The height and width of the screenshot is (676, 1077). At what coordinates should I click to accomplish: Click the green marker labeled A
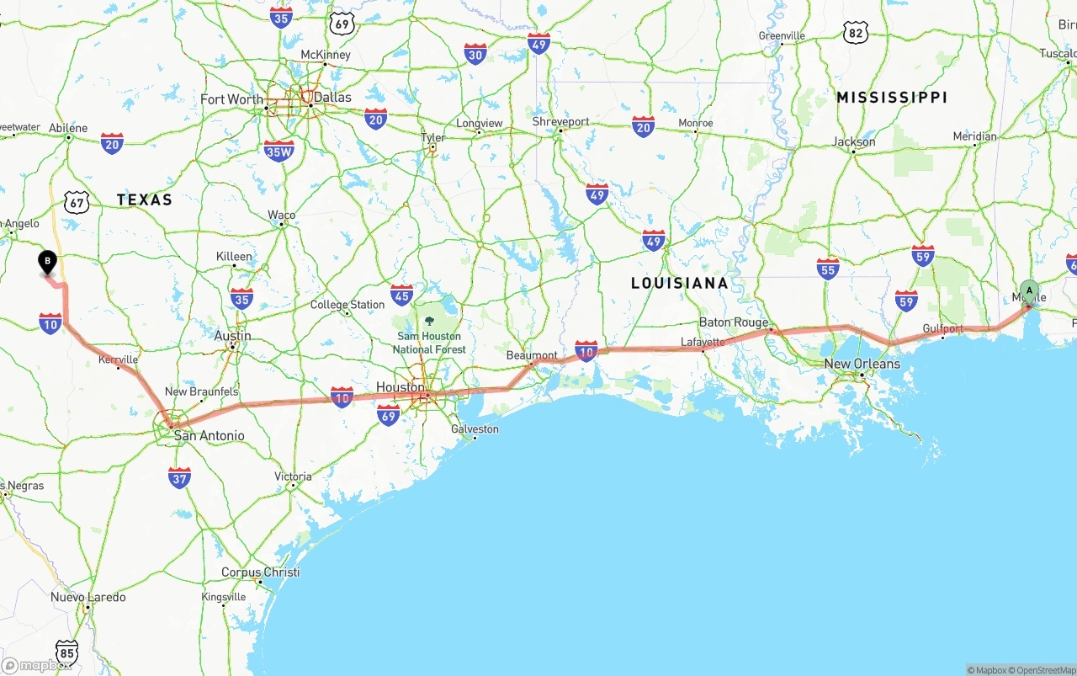coord(1029,291)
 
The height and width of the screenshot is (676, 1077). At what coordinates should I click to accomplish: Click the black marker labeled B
coord(48,262)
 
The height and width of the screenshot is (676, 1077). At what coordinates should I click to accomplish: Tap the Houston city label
coord(400,387)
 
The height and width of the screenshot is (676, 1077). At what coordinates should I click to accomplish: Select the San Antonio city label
coord(209,435)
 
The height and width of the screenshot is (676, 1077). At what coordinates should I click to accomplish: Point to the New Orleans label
coord(862,364)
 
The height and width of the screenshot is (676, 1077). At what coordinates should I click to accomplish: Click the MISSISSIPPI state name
coord(892,98)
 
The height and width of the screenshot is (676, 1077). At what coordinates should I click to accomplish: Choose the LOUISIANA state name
coord(680,283)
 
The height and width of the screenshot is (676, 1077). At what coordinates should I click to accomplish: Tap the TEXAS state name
coord(144,200)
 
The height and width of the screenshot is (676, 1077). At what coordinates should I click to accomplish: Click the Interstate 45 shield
coord(402,295)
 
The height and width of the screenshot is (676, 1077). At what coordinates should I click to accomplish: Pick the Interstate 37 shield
coord(179,477)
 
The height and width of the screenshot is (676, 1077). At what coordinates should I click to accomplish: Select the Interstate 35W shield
coord(279,151)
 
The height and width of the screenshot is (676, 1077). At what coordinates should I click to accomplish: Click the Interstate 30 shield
coord(475,55)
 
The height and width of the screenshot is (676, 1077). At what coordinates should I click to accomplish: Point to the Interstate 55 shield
coord(828,269)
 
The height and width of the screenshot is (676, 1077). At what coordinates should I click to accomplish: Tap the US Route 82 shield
coord(856,33)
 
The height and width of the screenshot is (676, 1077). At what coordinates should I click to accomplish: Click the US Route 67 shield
coord(77,201)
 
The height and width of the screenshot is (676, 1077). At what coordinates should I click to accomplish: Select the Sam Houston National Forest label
coord(429,343)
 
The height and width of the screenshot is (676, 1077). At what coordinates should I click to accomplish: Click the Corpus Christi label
coord(260,572)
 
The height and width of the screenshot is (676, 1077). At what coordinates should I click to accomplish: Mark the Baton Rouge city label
coord(734,322)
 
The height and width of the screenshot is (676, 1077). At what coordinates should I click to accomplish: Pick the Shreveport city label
coord(560,121)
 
